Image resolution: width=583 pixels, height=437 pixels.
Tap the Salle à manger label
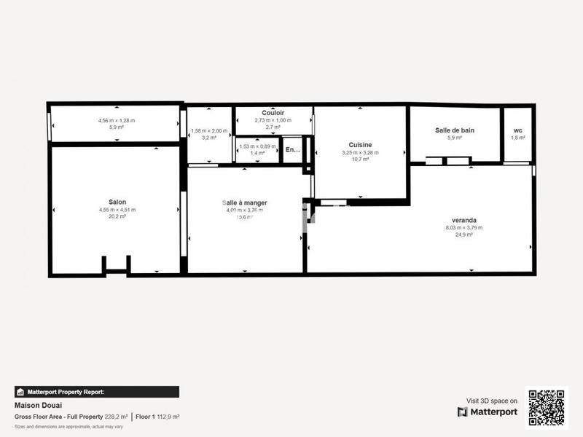245,202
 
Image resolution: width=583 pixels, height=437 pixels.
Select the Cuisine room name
360,145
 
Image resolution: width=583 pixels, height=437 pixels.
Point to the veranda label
464,219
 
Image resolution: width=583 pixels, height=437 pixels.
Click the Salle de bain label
455,130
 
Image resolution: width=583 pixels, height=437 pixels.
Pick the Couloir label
273,113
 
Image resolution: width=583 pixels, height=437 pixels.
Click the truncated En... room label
292,150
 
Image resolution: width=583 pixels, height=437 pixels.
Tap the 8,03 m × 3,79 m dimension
464,227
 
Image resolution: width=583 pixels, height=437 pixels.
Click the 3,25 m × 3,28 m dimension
360,152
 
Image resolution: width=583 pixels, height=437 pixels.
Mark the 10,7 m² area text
360,159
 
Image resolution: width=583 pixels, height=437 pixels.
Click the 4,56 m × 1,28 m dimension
117,120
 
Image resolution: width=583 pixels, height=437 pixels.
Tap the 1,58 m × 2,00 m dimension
209,131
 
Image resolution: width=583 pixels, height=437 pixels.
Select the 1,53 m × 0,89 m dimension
258,147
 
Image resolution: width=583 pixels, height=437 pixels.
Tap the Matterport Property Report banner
96,392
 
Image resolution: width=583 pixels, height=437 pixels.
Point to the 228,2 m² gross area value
116,417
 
